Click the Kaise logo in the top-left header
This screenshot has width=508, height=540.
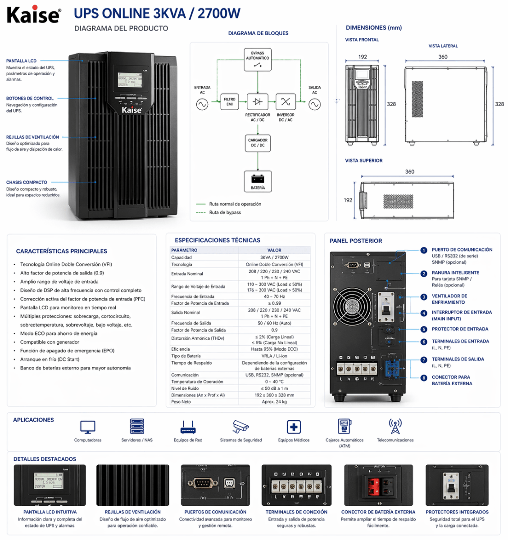[34, 14]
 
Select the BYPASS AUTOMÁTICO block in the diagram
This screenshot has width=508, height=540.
[258, 60]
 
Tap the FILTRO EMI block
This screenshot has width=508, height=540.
[229, 102]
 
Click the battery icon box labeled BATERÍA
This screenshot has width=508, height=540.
[258, 181]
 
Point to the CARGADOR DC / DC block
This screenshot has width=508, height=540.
[258, 143]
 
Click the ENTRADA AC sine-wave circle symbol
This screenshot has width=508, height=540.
[202, 104]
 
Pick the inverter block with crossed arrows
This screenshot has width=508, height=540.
[286, 102]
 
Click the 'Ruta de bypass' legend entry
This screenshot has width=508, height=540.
[224, 212]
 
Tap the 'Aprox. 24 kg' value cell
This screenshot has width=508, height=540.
[274, 402]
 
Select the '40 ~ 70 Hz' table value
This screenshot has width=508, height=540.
[274, 297]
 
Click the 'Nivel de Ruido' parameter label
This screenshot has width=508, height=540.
[185, 388]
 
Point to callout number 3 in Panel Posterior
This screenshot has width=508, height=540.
[424, 297]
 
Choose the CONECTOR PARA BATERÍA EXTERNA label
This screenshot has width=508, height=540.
[451, 380]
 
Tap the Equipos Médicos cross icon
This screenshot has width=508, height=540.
[294, 427]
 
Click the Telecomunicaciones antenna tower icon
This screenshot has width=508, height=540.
[395, 426]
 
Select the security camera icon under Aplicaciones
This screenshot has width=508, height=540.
[240, 426]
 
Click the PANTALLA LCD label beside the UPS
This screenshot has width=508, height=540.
[21, 61]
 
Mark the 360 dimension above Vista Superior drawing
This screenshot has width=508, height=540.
[409, 171]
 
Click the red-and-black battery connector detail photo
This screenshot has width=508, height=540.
[378, 485]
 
